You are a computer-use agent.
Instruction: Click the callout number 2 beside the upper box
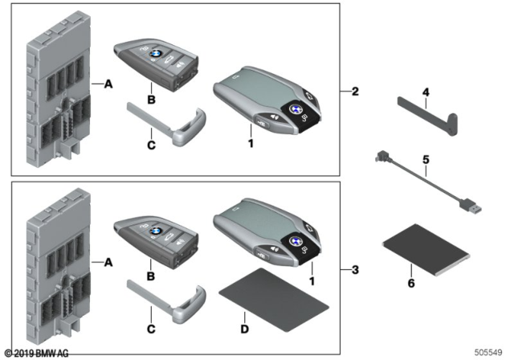pos(354,92)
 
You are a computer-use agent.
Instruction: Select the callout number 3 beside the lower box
pos(354,268)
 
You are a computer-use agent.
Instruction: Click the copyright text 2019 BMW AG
pos(39,353)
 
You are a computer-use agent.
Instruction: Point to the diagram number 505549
pos(492,352)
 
